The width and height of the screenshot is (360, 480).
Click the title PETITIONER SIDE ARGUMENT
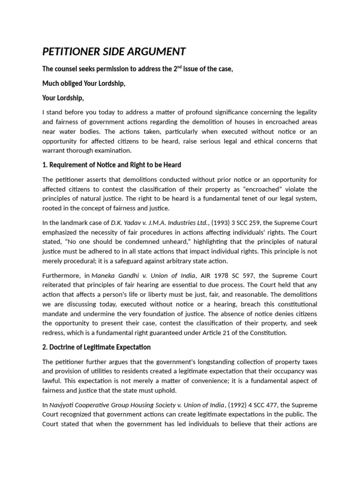pyautogui.click(x=114, y=51)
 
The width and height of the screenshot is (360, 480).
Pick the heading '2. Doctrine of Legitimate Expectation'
pyautogui.click(x=96, y=347)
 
